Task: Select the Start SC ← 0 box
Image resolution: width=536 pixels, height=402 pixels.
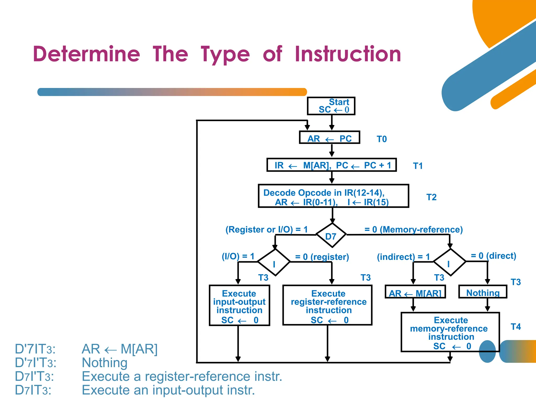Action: tap(331, 106)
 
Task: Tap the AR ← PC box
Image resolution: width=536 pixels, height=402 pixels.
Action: tap(330, 138)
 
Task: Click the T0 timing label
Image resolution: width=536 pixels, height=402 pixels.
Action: tap(382, 139)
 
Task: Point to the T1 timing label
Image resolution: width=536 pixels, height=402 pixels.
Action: tap(418, 166)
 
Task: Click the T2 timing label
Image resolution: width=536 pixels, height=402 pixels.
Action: tap(431, 197)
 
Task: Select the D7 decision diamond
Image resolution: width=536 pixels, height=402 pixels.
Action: tap(331, 235)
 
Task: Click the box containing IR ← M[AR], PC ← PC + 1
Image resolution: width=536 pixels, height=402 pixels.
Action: tap(332, 165)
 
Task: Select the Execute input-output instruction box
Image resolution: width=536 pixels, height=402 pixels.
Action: tap(239, 305)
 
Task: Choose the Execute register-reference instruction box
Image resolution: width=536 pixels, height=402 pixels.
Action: tap(327, 305)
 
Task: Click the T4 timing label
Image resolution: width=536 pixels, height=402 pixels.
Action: tap(516, 327)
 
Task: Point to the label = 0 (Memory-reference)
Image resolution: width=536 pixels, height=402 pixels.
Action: tap(414, 230)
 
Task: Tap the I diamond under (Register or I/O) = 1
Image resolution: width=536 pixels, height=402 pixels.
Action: tap(274, 262)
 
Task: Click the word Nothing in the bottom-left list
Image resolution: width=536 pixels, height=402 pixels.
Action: tap(105, 363)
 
